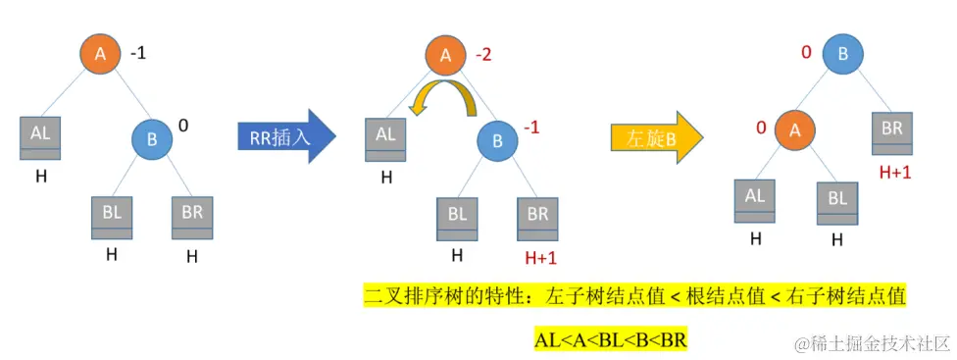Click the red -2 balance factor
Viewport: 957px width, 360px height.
[x=483, y=54]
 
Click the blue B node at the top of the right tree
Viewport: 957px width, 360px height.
[x=843, y=55]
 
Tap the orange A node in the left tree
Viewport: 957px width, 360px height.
[x=100, y=55]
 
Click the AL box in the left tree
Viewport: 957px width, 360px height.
[x=40, y=138]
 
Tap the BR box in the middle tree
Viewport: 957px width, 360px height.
[x=537, y=217]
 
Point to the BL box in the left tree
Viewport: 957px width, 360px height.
[x=112, y=216]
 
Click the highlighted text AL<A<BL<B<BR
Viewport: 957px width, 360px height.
[x=611, y=340]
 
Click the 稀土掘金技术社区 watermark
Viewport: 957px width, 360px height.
[x=873, y=342]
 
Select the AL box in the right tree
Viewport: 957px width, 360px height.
[x=755, y=200]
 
